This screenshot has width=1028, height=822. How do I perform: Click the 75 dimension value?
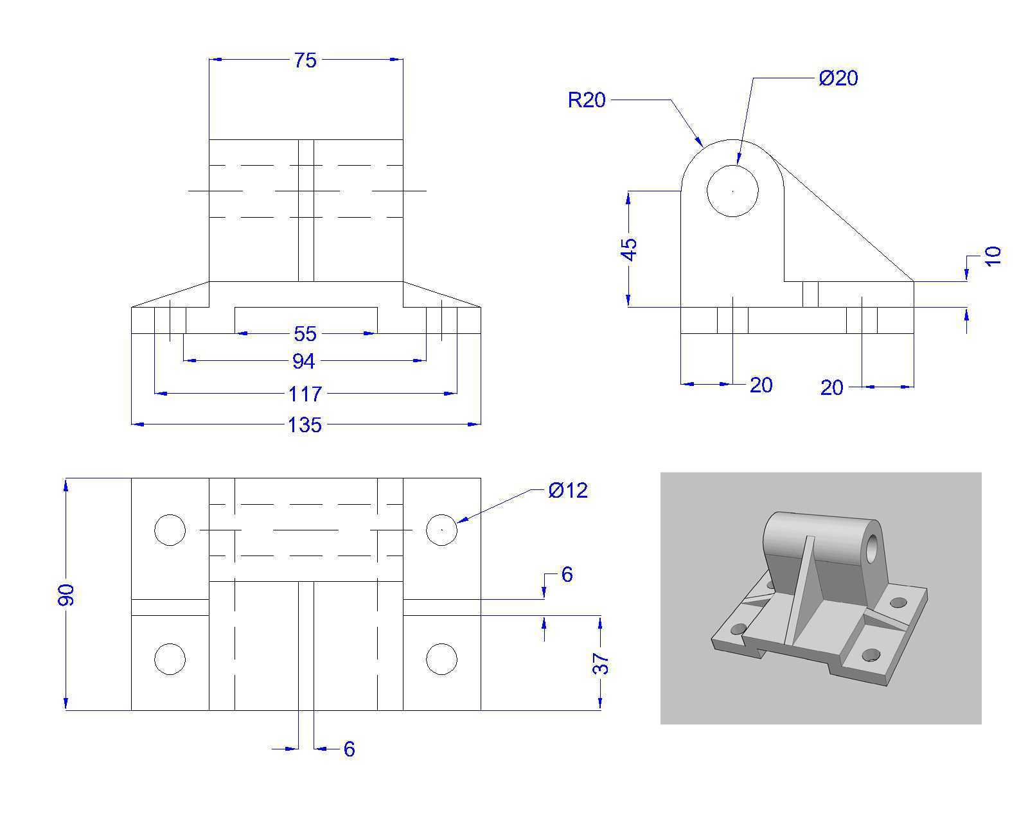pos(305,60)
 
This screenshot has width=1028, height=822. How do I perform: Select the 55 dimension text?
pos(305,335)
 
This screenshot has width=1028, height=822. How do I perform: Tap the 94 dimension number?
pos(303,362)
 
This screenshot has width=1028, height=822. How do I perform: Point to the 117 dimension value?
pos(305,394)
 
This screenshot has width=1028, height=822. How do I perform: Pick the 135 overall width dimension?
pos(305,425)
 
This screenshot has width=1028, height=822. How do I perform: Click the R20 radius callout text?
pos(587,100)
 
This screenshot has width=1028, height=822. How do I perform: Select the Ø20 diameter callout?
pos(838,78)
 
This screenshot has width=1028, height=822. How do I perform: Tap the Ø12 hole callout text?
pos(568,491)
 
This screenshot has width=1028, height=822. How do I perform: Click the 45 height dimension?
pos(629,250)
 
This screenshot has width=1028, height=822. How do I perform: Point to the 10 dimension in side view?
pos(993,256)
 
